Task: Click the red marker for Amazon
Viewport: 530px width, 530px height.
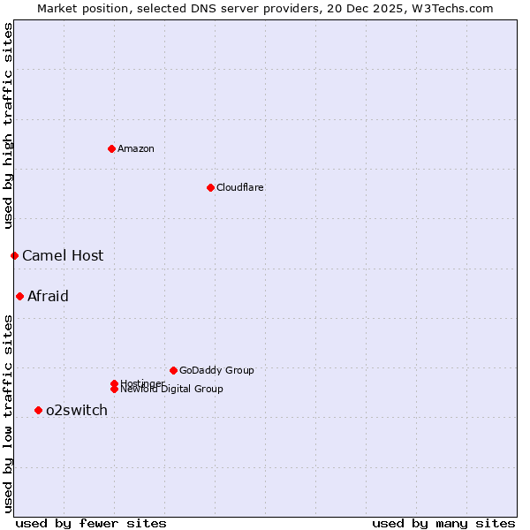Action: click(111, 148)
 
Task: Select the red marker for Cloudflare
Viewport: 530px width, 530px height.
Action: click(210, 187)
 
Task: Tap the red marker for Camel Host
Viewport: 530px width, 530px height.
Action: click(14, 255)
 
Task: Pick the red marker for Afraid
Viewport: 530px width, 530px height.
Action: click(19, 296)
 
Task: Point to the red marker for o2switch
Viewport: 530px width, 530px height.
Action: click(38, 410)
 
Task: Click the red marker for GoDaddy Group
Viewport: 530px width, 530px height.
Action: click(173, 370)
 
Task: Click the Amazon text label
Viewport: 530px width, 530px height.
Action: click(136, 148)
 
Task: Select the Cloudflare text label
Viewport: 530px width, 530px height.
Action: click(240, 187)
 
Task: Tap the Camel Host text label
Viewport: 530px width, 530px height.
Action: click(63, 256)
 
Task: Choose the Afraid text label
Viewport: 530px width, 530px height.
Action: click(48, 297)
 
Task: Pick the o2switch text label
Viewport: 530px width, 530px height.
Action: click(77, 411)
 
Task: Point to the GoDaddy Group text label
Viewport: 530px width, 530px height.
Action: click(216, 371)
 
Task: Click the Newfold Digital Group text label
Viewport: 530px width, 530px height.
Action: click(172, 390)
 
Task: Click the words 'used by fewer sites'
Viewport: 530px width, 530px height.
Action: click(91, 523)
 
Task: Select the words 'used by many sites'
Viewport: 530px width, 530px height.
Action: click(443, 523)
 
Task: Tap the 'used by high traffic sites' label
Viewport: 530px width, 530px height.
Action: click(8, 126)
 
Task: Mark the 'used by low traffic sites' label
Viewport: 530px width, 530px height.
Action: click(8, 413)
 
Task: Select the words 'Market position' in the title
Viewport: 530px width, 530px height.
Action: click(78, 8)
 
